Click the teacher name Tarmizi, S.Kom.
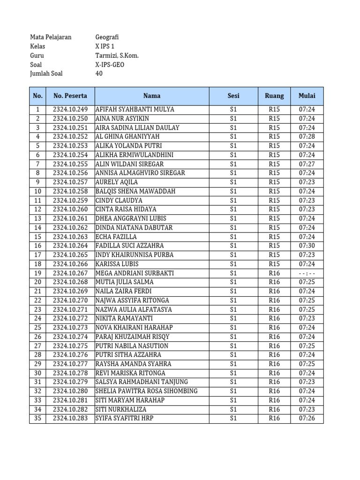117,55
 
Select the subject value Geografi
107,37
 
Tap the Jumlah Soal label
46,74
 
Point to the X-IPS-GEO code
110,65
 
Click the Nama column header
152,96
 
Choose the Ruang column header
274,96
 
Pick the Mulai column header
307,96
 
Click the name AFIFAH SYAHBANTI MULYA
135,109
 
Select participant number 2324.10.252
70,136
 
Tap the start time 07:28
307,136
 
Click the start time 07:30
307,246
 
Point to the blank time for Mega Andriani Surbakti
307,273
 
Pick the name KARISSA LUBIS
117,264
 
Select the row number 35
37,418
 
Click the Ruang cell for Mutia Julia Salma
274,282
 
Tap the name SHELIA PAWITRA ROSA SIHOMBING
147,391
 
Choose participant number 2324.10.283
70,418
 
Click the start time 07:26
307,418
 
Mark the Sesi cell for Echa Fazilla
233,237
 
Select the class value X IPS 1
105,46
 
